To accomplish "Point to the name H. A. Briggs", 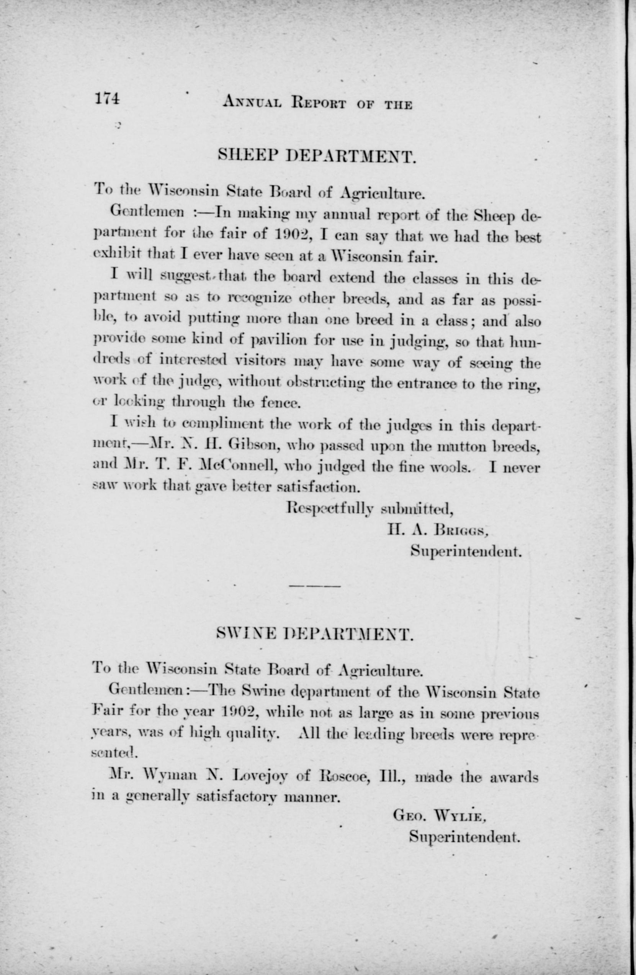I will pos(438,531).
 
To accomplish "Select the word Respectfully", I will pos(330,509).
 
